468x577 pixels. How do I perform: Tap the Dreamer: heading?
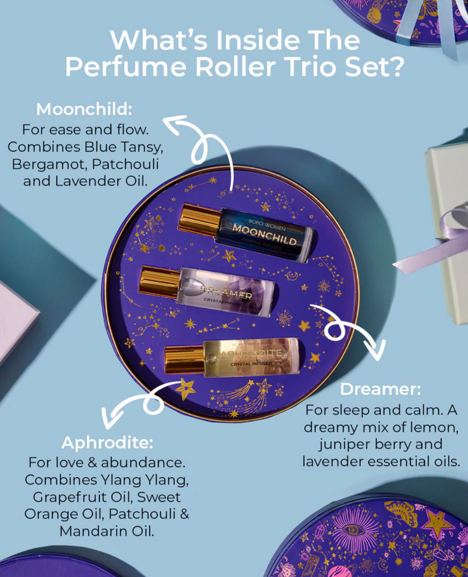tap(380, 390)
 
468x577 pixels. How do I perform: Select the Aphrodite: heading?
tap(107, 443)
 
